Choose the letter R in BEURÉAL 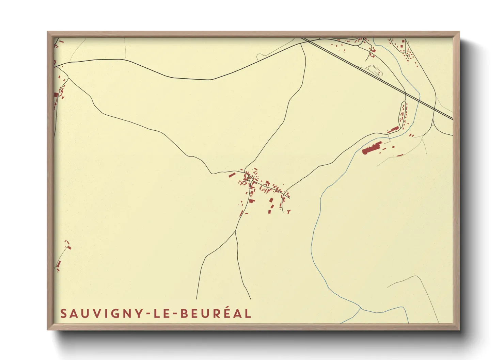pos(214,313)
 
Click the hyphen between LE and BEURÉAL pos(174,314)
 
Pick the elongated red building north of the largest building pos(392,130)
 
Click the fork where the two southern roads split pos(236,231)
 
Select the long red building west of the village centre pos(232,175)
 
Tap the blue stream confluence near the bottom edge pos(360,308)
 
